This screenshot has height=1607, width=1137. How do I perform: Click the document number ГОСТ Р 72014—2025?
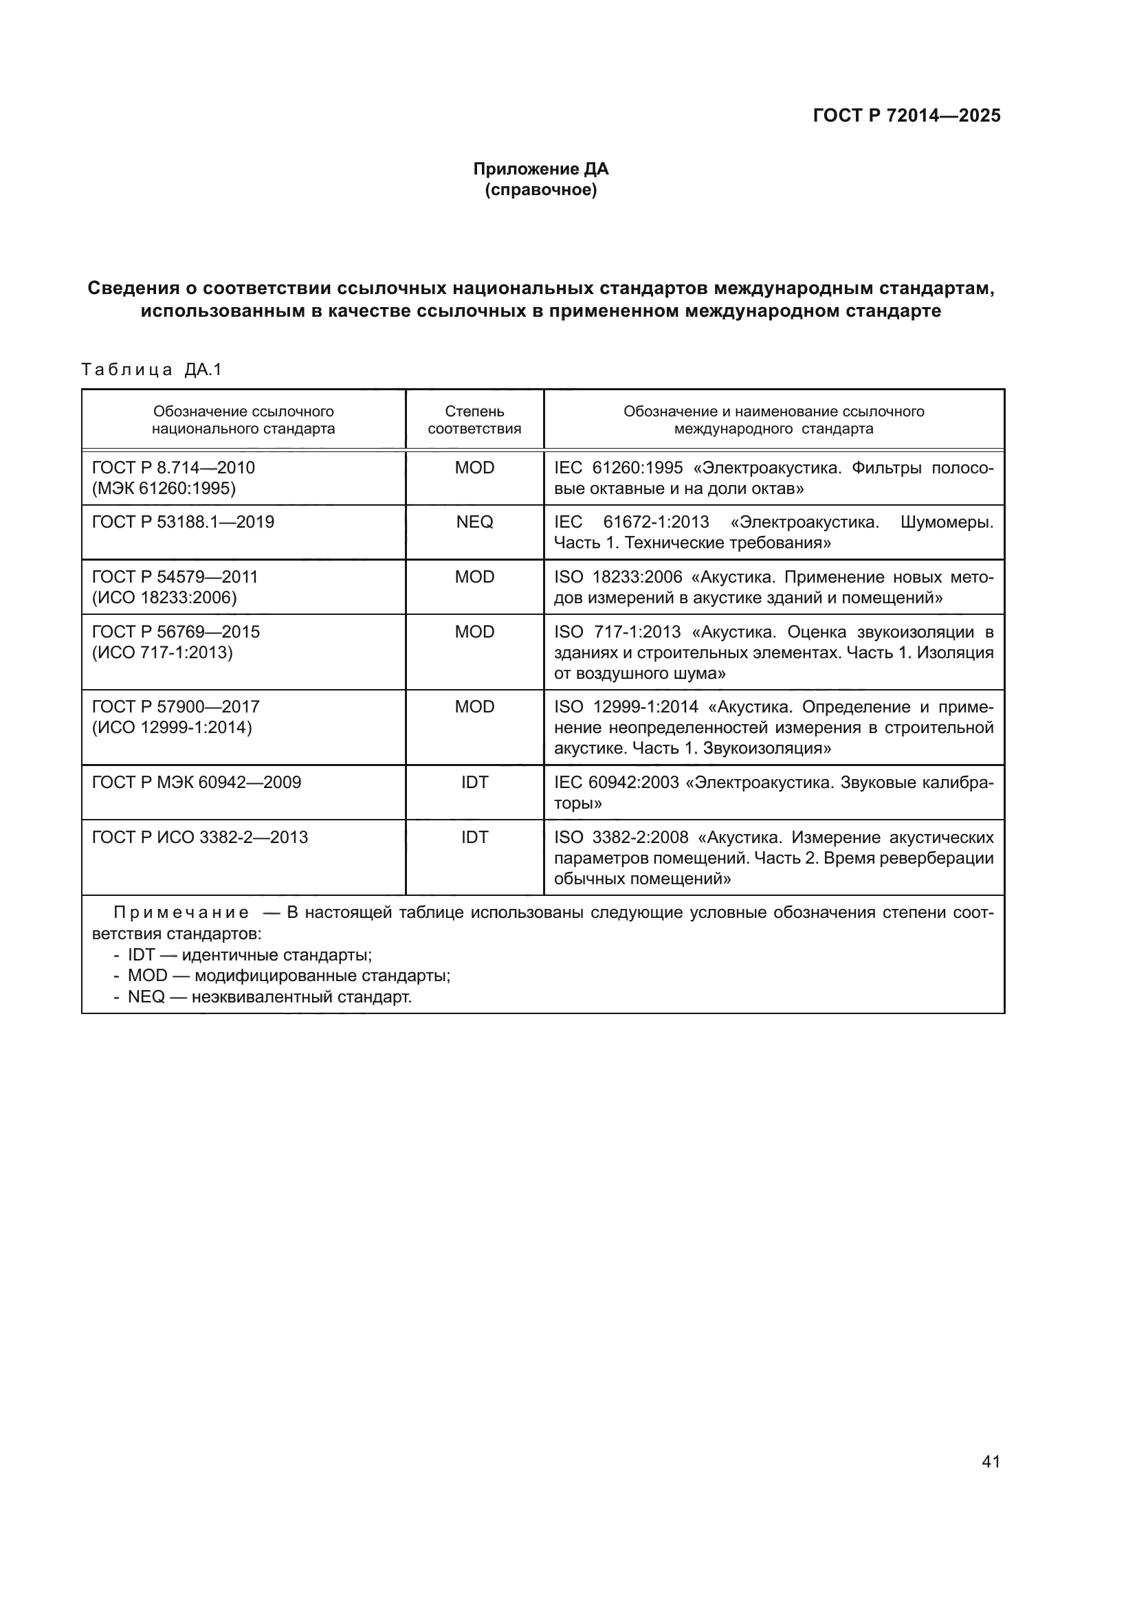click(x=906, y=115)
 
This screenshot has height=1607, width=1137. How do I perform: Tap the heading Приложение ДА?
click(x=540, y=169)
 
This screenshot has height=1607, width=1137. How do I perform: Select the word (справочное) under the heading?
click(x=540, y=190)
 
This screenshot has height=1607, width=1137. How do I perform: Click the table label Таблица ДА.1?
click(x=151, y=370)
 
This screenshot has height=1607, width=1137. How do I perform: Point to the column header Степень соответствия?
click(x=474, y=420)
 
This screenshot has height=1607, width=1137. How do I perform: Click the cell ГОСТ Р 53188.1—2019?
click(x=183, y=522)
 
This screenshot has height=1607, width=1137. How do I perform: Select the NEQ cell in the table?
click(x=474, y=522)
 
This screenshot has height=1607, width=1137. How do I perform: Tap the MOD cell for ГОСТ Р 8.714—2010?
click(x=474, y=468)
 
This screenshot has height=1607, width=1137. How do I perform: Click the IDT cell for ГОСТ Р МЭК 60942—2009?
click(x=474, y=783)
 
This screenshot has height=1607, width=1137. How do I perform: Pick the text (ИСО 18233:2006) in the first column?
click(x=164, y=598)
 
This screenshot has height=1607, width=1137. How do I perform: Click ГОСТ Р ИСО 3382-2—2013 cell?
click(x=199, y=837)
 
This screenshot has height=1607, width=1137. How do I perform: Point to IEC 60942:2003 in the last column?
click(x=616, y=783)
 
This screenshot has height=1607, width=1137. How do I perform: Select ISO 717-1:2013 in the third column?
click(x=617, y=632)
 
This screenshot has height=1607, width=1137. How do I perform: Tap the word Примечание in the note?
click(x=181, y=912)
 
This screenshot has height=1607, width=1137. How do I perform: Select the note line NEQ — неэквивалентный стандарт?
click(x=269, y=997)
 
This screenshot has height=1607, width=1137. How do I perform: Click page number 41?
click(x=990, y=1461)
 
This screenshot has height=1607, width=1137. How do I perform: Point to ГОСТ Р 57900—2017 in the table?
click(x=176, y=707)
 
